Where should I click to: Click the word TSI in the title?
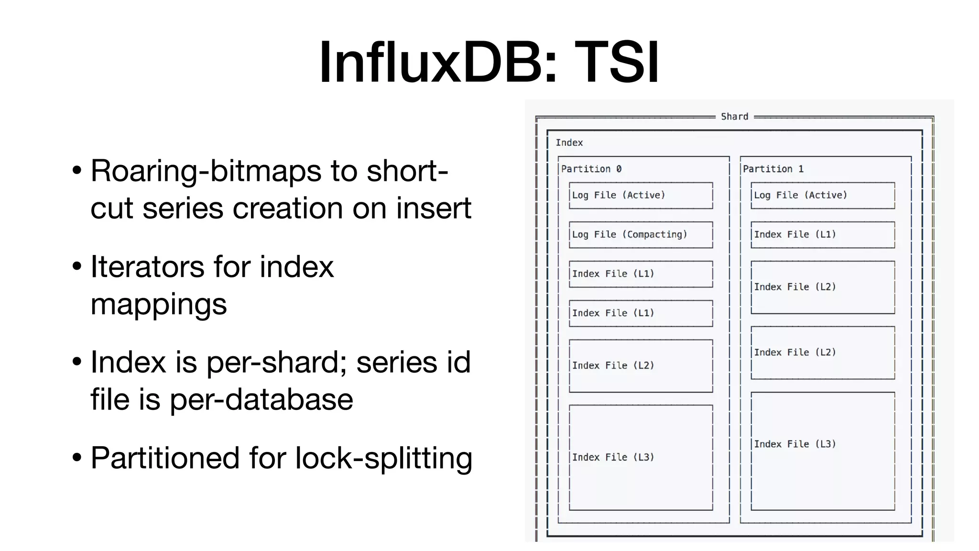(x=617, y=62)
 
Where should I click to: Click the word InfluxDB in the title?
(x=437, y=62)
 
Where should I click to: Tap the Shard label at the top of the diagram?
(x=734, y=116)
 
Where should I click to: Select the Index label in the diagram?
(x=569, y=143)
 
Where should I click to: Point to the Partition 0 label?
(x=591, y=169)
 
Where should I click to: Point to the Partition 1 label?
(x=772, y=169)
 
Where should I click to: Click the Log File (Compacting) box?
(x=641, y=234)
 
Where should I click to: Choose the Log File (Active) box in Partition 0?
(x=641, y=195)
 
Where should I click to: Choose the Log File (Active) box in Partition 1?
(x=822, y=195)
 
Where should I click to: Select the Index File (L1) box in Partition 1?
(x=822, y=234)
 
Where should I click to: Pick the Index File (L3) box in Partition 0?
(x=641, y=457)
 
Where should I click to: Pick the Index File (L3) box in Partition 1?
(x=822, y=451)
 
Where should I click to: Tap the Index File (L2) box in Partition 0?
(x=641, y=365)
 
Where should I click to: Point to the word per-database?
(x=261, y=400)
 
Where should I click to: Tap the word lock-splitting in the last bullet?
(x=383, y=458)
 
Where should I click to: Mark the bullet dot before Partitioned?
(x=77, y=458)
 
